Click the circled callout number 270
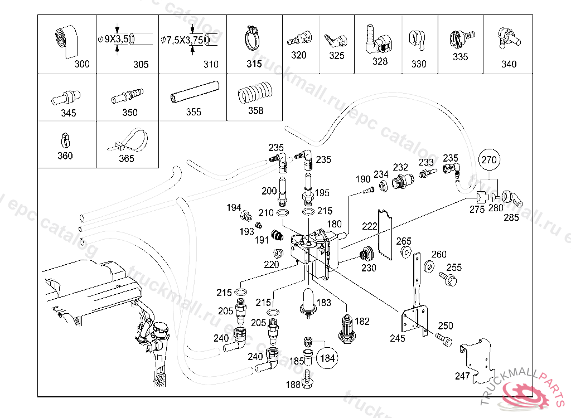[x=489, y=159]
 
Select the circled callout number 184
[x=328, y=358]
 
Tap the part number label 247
[x=462, y=376]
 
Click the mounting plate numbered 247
[x=480, y=362]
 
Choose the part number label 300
[x=82, y=64]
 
